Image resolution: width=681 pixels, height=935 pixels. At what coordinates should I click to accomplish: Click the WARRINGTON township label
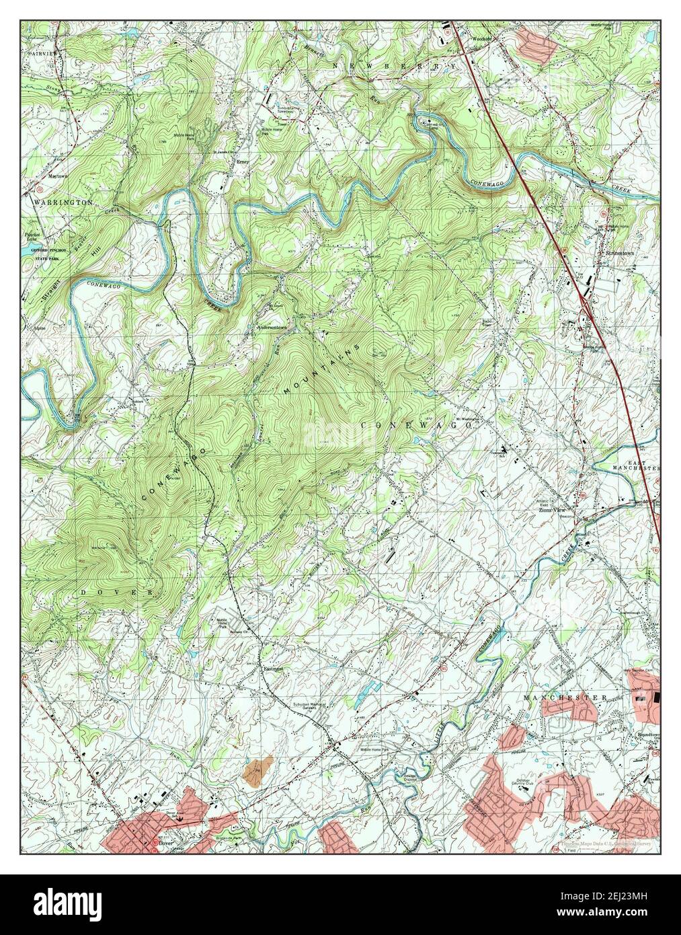pos(60,201)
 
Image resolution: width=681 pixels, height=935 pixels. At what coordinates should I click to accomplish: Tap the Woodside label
pos(482,39)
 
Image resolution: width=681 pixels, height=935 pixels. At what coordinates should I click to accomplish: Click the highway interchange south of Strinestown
pos(585,302)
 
